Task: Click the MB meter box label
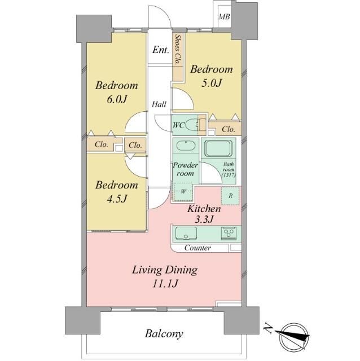224,17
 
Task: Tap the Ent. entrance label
161,50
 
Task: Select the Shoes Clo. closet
178,56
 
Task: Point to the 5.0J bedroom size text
212,83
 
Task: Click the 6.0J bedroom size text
117,99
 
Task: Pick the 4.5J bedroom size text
117,199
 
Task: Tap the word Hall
159,104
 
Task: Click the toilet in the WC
192,125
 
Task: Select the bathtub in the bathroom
218,148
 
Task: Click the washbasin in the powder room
186,146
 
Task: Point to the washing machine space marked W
183,192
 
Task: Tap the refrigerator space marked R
230,196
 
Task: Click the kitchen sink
186,234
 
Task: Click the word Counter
197,248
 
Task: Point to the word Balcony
164,334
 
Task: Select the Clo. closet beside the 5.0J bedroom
225,129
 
